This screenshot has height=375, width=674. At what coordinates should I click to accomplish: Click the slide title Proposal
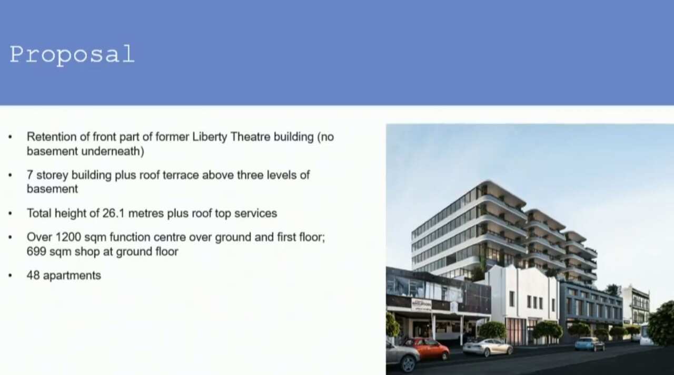coord(72,54)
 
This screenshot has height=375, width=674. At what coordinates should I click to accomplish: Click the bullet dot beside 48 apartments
coord(10,275)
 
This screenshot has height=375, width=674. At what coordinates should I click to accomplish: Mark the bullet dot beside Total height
coord(10,214)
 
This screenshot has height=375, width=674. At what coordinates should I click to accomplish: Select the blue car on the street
coord(589,344)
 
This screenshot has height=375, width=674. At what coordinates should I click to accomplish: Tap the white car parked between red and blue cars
coord(488,347)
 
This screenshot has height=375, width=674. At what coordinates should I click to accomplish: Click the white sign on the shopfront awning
coord(421,304)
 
